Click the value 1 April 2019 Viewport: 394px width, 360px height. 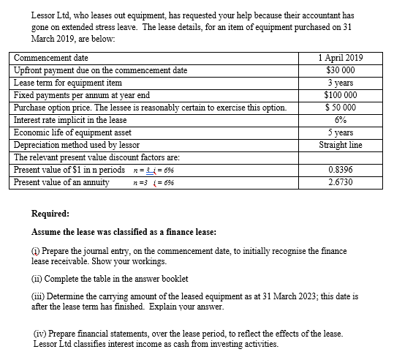tap(341, 58)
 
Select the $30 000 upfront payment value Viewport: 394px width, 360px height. tap(341, 70)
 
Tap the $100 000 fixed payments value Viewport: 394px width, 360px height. tap(341, 95)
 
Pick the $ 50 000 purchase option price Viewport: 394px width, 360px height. tap(341, 108)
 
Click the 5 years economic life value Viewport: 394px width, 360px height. tap(341, 132)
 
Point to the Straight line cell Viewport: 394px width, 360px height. tap(341, 145)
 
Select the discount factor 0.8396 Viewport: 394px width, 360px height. tap(341, 170)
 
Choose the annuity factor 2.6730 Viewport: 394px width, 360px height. tap(341, 182)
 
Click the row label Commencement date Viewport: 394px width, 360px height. tap(51, 58)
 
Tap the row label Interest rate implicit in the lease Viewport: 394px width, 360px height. tap(70, 120)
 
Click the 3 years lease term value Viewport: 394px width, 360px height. tap(341, 83)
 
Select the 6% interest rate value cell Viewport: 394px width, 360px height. tap(341, 120)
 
